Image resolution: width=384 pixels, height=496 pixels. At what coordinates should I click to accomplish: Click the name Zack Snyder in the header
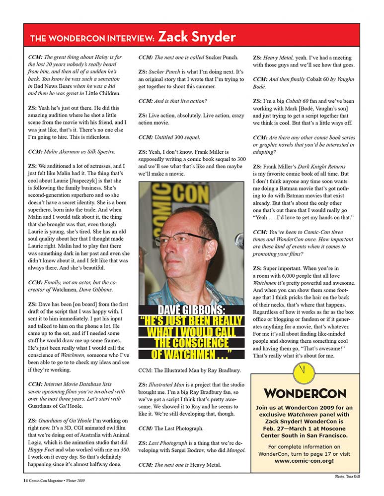click(197, 37)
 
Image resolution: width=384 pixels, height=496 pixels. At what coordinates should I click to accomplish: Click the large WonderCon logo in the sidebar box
click(305, 393)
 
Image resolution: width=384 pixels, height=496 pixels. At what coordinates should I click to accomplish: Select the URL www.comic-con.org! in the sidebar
click(305, 460)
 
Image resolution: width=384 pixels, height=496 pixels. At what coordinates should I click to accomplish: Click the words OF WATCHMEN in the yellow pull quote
click(191, 354)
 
